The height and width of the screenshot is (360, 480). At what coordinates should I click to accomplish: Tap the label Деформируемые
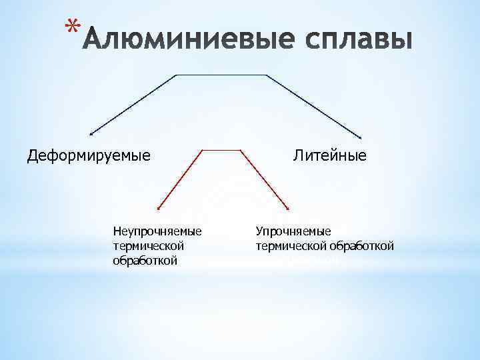pos(89,156)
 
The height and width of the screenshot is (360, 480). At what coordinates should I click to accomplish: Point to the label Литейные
pos(329,156)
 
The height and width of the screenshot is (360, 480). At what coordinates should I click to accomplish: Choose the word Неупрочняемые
pos(157,231)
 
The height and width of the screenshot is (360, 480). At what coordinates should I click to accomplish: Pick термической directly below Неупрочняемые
pos(148,246)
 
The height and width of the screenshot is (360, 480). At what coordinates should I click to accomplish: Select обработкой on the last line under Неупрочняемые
pos(145,260)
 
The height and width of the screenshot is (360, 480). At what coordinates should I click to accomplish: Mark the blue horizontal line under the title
pos(221,75)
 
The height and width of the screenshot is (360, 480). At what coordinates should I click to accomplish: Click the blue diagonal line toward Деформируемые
pos(133,105)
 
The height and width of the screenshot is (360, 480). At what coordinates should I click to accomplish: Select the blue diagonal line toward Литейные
pos(313,106)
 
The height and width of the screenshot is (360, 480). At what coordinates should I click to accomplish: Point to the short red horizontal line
pos(221,149)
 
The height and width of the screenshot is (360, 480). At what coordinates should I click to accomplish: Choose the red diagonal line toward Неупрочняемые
pos(180,179)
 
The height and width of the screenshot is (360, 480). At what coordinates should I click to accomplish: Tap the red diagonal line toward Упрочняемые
pos(263,179)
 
